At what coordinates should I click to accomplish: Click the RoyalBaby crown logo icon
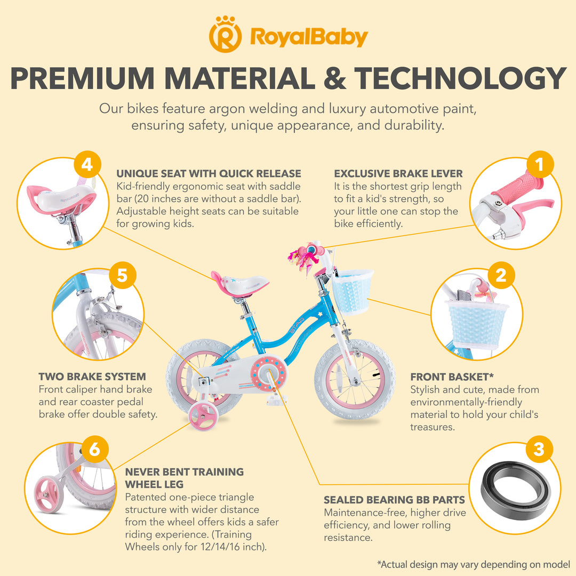(225, 35)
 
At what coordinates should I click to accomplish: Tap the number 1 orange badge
(540, 164)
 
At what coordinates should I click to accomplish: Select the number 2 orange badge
(501, 275)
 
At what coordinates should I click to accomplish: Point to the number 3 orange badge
(539, 449)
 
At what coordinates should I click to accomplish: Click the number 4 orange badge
(87, 164)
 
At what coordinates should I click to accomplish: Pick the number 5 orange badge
(122, 275)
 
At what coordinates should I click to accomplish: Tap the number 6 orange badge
(94, 449)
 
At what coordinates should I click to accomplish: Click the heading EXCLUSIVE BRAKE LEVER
(398, 173)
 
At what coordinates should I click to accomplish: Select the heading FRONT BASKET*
(452, 377)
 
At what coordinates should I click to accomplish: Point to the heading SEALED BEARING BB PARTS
(394, 500)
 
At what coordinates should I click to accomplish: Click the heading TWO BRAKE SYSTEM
(92, 377)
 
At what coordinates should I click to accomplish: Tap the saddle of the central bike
(239, 283)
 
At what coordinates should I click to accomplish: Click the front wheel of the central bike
(355, 380)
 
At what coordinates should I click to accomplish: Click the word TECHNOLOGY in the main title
(461, 78)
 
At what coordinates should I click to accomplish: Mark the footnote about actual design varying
(473, 564)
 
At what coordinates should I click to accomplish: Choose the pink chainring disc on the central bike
(268, 373)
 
